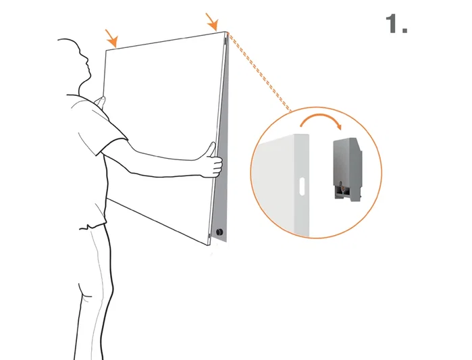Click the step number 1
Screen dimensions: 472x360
(x=396, y=24)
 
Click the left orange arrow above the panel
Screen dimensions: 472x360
(x=111, y=38)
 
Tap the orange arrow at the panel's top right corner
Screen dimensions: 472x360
(x=212, y=22)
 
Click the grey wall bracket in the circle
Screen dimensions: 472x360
(x=347, y=169)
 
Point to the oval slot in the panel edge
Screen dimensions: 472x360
(x=302, y=186)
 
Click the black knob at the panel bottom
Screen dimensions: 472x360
(x=219, y=232)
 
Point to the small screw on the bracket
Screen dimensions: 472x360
(x=340, y=184)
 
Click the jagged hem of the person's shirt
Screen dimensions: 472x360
(x=93, y=226)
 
